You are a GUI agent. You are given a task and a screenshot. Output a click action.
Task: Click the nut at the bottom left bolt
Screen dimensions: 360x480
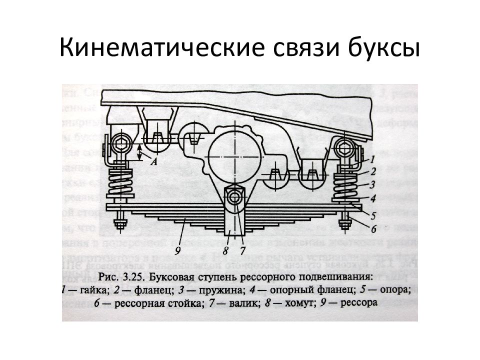click(x=120, y=223)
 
